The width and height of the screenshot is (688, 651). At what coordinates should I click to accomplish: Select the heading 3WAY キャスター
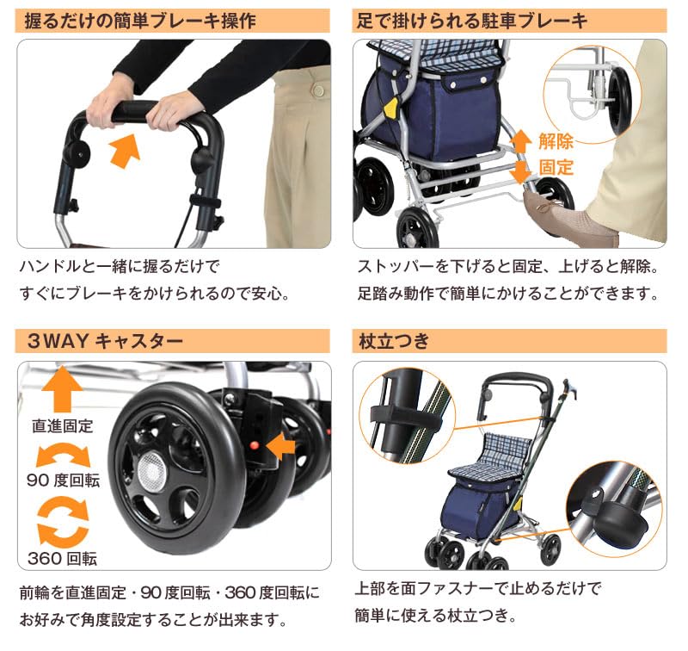point(104,340)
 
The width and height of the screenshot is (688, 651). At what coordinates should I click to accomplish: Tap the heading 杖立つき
point(392,340)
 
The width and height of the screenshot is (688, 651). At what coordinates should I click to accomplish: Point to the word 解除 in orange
point(556,141)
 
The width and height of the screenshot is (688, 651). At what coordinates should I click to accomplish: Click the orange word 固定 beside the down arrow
point(556,167)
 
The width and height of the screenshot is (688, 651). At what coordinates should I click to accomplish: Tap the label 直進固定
point(62,425)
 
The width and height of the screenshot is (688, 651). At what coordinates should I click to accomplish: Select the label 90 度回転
point(63,480)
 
